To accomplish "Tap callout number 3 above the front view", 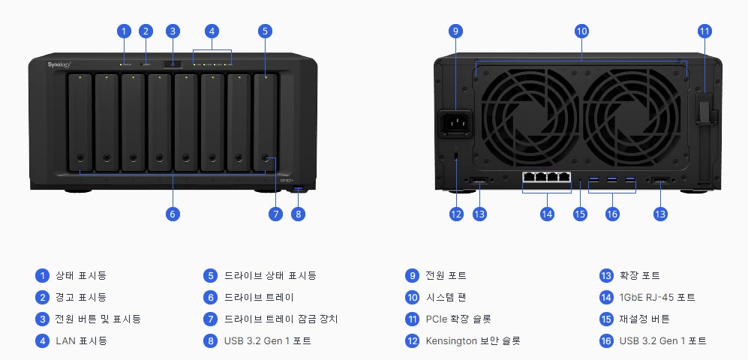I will [x=173, y=31].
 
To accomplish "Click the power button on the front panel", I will [x=173, y=64].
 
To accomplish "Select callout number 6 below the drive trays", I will [x=173, y=214].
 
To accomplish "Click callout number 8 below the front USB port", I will [x=299, y=214].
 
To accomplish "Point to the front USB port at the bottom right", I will [x=299, y=188].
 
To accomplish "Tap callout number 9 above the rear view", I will [x=455, y=31].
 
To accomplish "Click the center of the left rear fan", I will [x=527, y=112].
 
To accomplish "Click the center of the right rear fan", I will [x=635, y=112].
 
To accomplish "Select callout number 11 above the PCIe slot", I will [x=704, y=31].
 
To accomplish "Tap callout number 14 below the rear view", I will [x=547, y=214].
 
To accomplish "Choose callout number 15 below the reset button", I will [x=579, y=214].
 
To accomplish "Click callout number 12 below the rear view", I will [x=457, y=214].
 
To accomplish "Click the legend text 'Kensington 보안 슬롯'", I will [x=473, y=340].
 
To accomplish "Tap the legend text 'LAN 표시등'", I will [x=82, y=340].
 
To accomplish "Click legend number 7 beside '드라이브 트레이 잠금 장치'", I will [x=211, y=319].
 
